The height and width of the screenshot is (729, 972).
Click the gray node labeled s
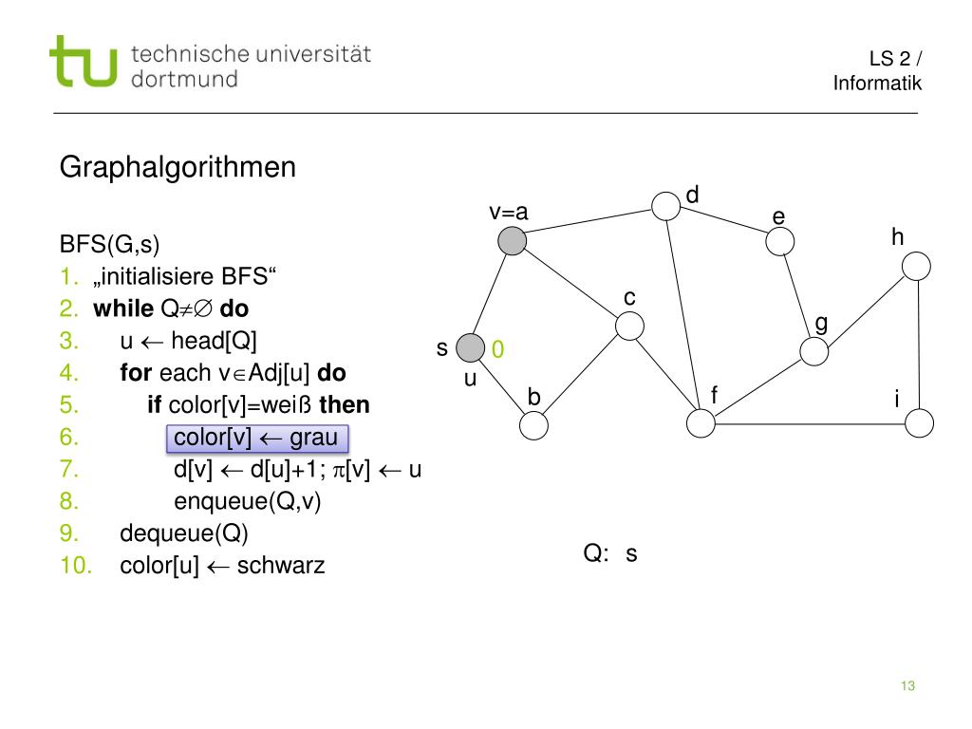(470, 348)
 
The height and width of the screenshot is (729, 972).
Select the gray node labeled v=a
(512, 241)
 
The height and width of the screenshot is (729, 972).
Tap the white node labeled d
(665, 206)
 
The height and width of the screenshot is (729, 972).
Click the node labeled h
(916, 266)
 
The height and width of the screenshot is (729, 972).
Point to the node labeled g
(813, 351)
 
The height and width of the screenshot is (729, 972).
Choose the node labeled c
(629, 327)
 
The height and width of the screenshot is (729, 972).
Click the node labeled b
(534, 424)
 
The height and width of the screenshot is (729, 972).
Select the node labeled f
(701, 423)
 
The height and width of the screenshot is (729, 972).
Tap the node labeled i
(919, 423)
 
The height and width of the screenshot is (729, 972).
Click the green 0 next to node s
(497, 351)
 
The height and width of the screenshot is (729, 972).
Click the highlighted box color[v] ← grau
(256, 438)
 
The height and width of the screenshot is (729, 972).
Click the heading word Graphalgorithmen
(178, 168)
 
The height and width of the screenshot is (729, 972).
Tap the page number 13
(907, 686)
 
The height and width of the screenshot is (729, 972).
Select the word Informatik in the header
(877, 84)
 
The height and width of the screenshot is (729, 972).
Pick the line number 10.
(77, 567)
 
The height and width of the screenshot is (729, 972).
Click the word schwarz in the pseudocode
(281, 567)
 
